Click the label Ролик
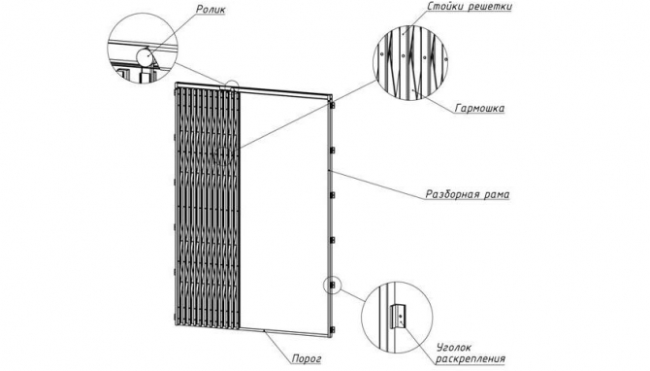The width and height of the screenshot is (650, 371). click(x=210, y=9)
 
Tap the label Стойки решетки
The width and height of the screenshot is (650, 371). click(x=470, y=7)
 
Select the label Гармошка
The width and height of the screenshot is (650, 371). click(x=479, y=109)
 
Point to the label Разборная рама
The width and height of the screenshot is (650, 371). click(x=468, y=194)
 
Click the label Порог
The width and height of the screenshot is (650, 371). click(x=307, y=358)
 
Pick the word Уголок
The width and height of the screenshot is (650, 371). click(x=453, y=348)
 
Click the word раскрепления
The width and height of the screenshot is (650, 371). click(x=471, y=358)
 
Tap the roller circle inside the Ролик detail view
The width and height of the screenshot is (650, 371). click(x=144, y=57)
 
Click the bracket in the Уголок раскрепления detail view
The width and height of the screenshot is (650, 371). click(x=398, y=317)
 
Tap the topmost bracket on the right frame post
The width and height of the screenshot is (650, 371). click(x=332, y=106)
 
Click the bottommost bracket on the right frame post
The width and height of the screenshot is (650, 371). click(x=332, y=330)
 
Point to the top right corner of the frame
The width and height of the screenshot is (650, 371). click(x=332, y=95)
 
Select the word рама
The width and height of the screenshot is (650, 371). click(x=497, y=194)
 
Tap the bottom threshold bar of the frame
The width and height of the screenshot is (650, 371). click(x=285, y=333)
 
